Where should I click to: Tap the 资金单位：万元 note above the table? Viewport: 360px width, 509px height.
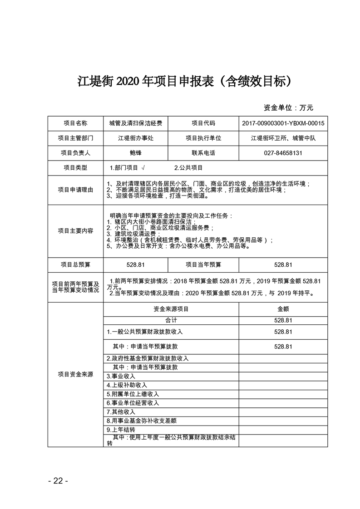(x=288, y=108)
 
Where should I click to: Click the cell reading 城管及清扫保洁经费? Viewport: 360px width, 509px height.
(x=135, y=123)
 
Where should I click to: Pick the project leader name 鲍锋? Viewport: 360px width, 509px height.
(x=135, y=153)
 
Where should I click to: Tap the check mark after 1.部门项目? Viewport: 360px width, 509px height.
(x=143, y=168)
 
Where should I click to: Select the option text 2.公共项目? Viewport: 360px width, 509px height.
(x=188, y=168)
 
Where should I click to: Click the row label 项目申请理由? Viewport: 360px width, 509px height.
(x=75, y=190)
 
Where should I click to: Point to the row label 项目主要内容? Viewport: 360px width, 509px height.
(x=75, y=230)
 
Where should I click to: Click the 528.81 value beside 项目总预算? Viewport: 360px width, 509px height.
(x=135, y=264)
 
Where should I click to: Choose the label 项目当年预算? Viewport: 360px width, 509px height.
(x=203, y=264)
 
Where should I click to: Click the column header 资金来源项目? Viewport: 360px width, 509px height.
(x=171, y=308)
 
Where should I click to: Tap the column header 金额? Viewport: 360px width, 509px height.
(x=283, y=308)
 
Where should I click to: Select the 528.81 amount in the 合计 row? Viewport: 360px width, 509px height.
(x=283, y=320)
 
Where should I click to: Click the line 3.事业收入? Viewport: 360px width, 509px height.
(x=121, y=376)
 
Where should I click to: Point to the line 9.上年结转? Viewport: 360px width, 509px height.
(x=121, y=429)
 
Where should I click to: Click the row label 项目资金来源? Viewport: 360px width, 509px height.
(x=75, y=374)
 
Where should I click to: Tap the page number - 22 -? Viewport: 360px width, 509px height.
(x=58, y=481)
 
